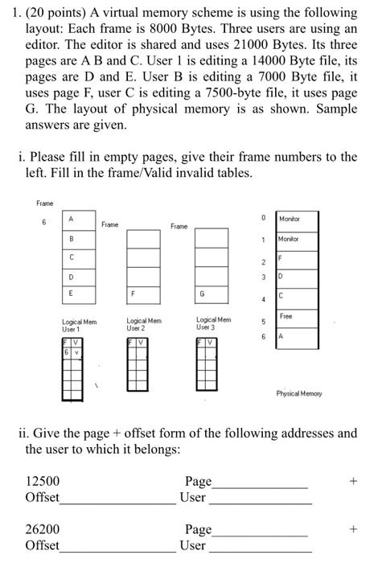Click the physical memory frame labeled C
(287, 296)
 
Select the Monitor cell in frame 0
(287, 218)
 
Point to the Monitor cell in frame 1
(287, 239)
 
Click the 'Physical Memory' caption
(298, 393)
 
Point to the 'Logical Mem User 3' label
(213, 325)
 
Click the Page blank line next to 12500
(260, 486)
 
